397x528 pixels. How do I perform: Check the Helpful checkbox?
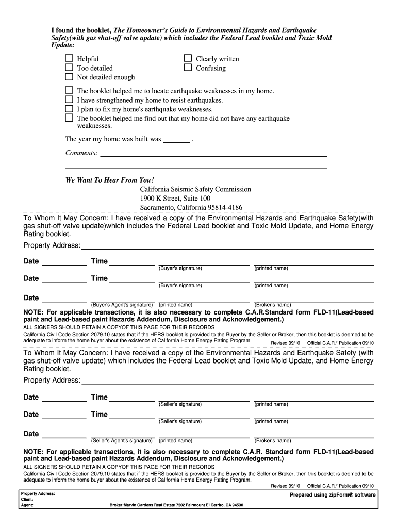(x=69, y=59)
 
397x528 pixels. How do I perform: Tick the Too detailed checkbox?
(x=69, y=68)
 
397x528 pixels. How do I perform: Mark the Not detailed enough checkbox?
(x=69, y=77)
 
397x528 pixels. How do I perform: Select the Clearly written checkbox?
(x=188, y=59)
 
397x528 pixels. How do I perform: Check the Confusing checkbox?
(x=188, y=68)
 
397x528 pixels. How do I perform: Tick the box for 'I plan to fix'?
(x=69, y=109)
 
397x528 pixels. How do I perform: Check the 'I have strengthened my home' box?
(x=69, y=100)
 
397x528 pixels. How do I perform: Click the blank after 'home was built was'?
(x=176, y=139)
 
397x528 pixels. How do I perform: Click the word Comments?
(x=81, y=153)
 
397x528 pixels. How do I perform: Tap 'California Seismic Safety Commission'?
(x=195, y=190)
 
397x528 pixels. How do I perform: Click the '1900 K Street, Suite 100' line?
(x=175, y=199)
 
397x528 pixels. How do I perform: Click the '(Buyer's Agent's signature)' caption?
(x=122, y=305)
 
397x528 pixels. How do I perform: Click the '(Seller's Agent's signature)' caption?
(x=122, y=441)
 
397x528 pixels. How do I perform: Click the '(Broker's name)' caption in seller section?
(x=272, y=441)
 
